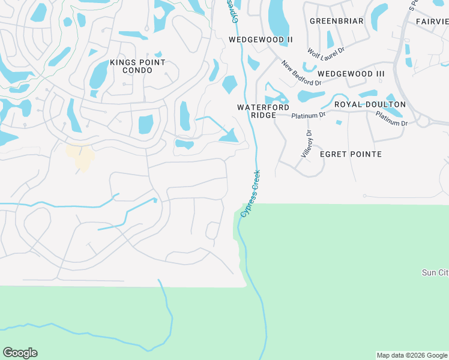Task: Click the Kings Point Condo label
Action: tap(131, 67)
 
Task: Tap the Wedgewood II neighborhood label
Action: tap(261, 40)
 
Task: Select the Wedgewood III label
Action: tap(351, 74)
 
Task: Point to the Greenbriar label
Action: tap(337, 21)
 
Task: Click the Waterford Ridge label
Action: tap(256, 111)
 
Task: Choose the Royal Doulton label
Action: tap(370, 104)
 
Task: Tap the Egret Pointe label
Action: tap(351, 154)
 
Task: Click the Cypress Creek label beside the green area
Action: tap(250, 193)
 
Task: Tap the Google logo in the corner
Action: tap(20, 353)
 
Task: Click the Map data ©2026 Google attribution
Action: tap(412, 355)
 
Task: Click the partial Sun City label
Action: tap(435, 272)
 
